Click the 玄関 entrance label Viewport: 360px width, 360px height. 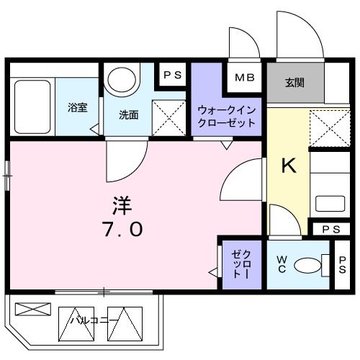pos(294,82)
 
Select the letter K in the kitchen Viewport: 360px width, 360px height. pos(288,166)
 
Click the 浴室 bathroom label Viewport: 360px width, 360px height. pos(78,108)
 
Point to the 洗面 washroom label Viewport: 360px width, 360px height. pos(129,113)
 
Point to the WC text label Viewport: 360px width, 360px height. pos(281,264)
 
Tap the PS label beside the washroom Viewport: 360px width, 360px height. pos(173,75)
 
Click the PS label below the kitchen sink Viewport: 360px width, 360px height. pos(330,229)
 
